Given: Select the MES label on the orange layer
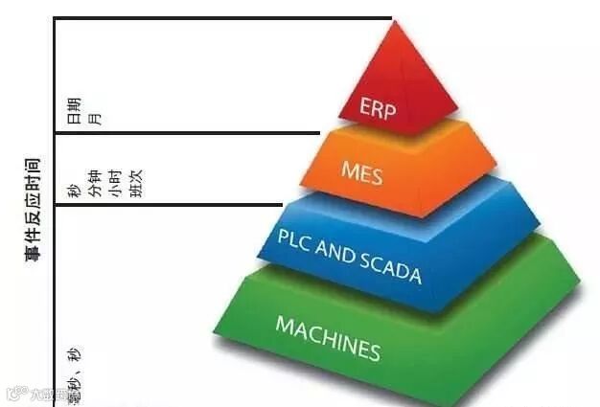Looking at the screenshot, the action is (361, 172).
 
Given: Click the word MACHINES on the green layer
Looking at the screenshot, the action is (327, 337).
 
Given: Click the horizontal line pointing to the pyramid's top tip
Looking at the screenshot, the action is (220, 18).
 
